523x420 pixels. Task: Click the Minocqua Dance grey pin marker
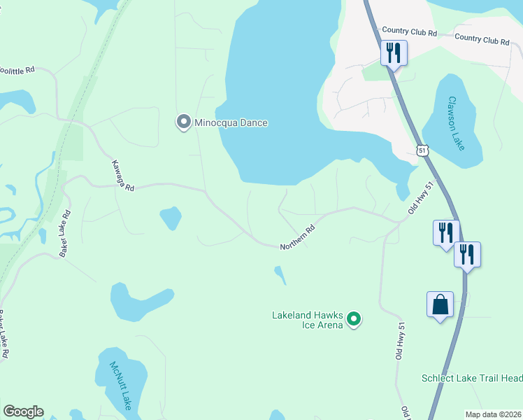click(184, 122)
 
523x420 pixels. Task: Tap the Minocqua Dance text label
click(231, 123)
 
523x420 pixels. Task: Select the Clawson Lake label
click(457, 123)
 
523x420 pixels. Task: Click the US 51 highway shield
click(422, 150)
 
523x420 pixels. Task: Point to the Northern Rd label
click(298, 238)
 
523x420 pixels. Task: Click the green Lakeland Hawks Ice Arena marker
click(354, 320)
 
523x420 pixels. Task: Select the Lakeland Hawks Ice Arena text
click(307, 320)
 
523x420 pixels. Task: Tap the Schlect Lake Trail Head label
click(471, 378)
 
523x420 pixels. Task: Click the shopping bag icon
click(440, 305)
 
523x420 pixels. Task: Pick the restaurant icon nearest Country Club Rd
click(394, 52)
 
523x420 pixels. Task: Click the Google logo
click(23, 412)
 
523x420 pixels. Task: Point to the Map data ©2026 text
click(493, 414)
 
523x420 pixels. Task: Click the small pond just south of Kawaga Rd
click(170, 218)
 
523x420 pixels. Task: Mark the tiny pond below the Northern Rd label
click(280, 274)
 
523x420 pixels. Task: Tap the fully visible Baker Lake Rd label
click(65, 233)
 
